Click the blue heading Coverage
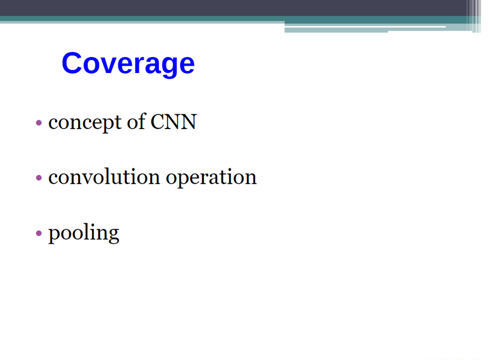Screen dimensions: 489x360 [x=128, y=64]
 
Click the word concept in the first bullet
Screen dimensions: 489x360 [x=85, y=122]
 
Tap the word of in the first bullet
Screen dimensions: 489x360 [x=136, y=121]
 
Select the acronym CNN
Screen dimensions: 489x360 [x=173, y=121]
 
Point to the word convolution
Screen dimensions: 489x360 [x=104, y=177]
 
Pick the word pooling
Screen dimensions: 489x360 [x=83, y=233]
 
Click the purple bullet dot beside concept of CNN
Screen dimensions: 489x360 [x=39, y=122]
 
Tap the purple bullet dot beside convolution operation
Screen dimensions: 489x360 [x=39, y=178]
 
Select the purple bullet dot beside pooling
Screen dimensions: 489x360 [x=39, y=233]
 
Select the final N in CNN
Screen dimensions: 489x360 [x=188, y=121]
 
